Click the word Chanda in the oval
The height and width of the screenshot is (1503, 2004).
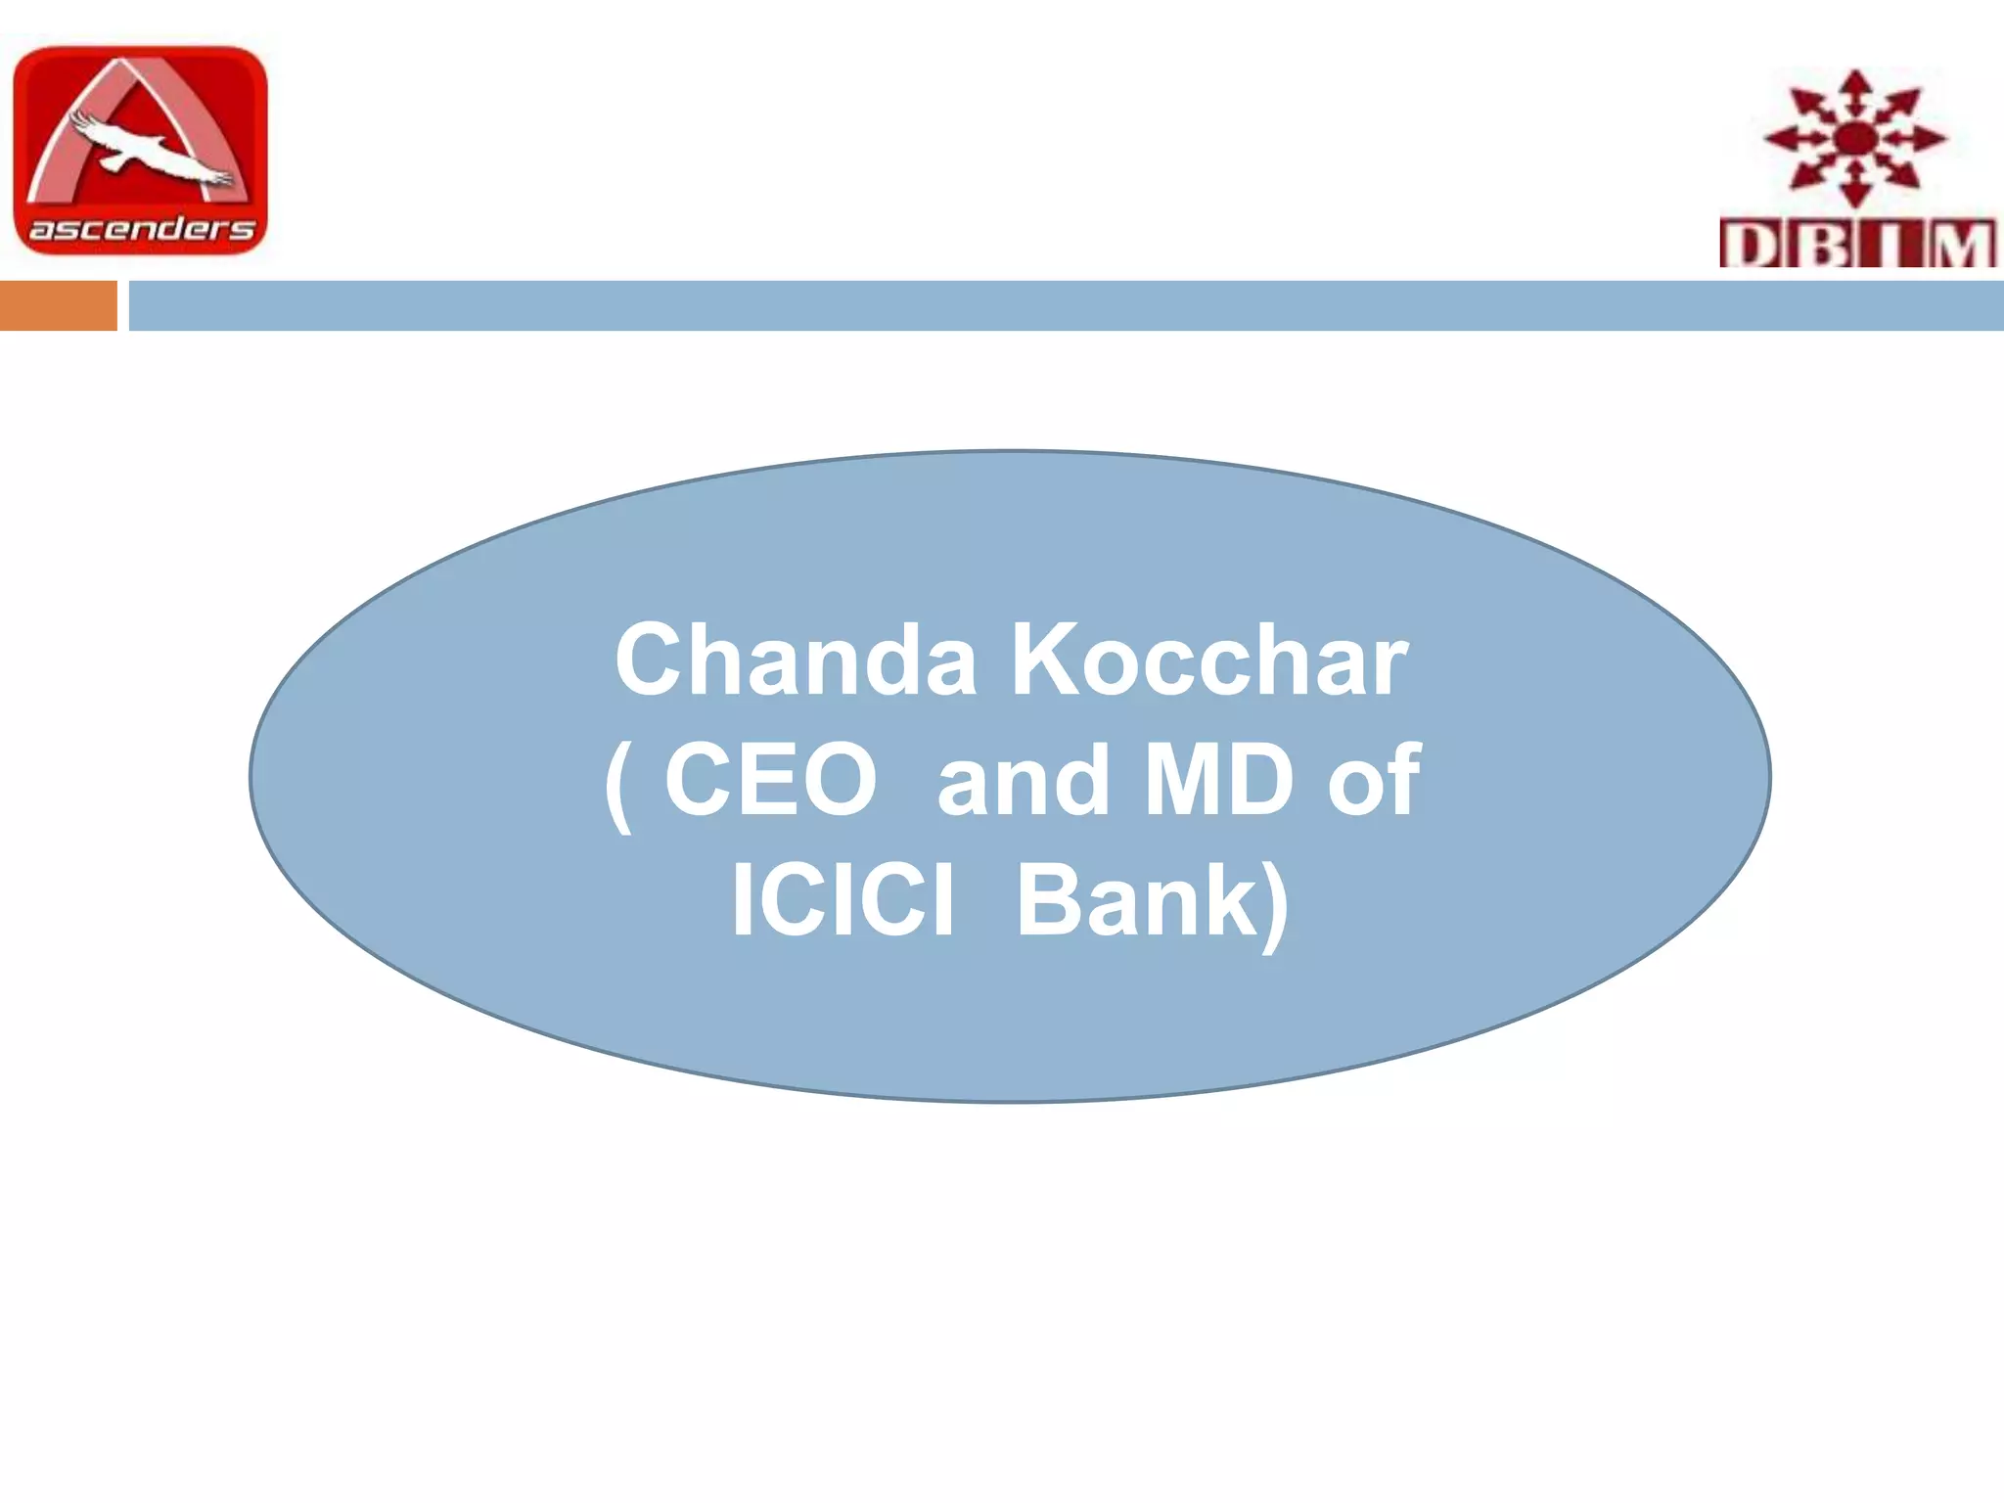pyautogui.click(x=795, y=660)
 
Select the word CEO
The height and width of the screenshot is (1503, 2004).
pyautogui.click(x=770, y=780)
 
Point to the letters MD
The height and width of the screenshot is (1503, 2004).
pyautogui.click(x=1218, y=780)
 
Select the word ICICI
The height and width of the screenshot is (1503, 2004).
pyautogui.click(x=842, y=899)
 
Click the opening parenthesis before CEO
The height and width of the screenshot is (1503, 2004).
pyautogui.click(x=618, y=783)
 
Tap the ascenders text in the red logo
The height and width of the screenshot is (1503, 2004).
pyautogui.click(x=141, y=229)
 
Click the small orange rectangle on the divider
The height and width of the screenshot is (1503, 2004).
pyautogui.click(x=58, y=305)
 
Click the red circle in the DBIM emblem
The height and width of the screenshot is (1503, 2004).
pyautogui.click(x=1853, y=140)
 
